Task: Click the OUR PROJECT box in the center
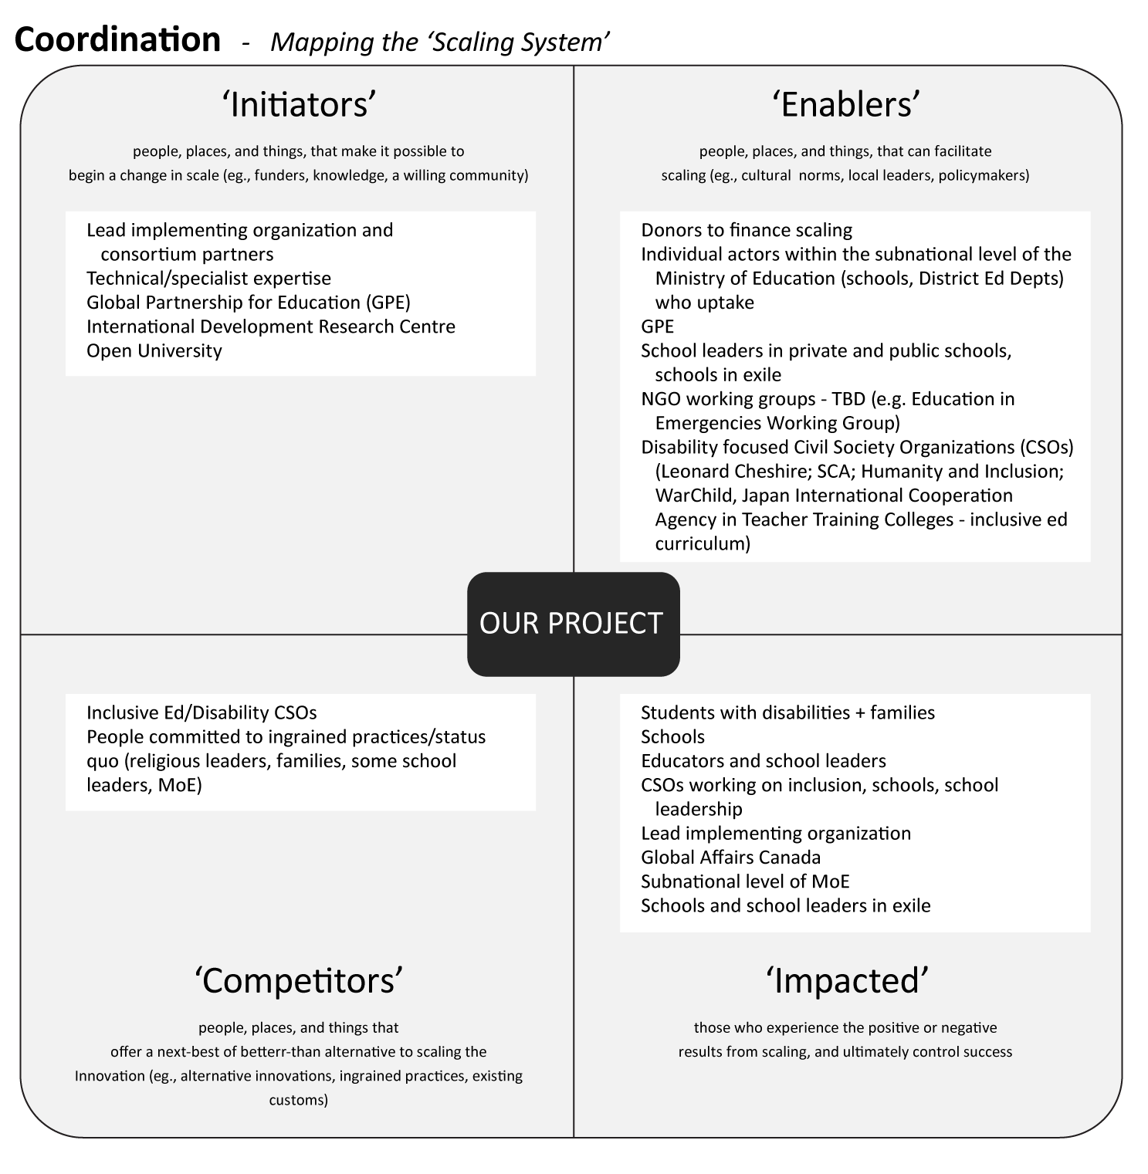[573, 624]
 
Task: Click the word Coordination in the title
[117, 39]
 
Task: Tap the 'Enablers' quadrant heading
[847, 105]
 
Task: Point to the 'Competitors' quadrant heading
[300, 981]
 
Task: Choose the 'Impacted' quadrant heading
[847, 981]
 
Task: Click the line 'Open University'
[154, 350]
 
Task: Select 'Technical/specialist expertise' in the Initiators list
[208, 279]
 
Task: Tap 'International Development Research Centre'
[270, 326]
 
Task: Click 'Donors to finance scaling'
[746, 230]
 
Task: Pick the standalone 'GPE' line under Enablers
[657, 326]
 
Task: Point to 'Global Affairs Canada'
[730, 858]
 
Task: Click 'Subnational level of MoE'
[745, 881]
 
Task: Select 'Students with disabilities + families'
[787, 712]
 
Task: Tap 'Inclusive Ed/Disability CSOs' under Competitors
[201, 712]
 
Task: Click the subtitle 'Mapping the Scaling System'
[440, 42]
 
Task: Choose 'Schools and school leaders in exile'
[785, 905]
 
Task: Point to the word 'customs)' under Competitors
[298, 1100]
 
